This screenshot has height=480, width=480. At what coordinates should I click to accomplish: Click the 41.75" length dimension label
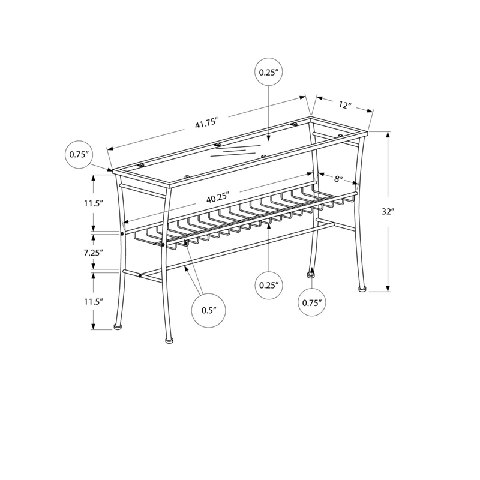(x=205, y=125)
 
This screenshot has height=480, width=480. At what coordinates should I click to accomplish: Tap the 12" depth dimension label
(x=344, y=106)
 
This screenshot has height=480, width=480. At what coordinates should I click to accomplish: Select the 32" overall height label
(x=388, y=212)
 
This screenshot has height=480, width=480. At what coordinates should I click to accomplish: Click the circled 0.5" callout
(x=209, y=310)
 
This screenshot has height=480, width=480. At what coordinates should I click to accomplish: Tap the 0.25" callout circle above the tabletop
(x=269, y=73)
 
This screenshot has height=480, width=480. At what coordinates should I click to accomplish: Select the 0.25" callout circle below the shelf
(x=269, y=286)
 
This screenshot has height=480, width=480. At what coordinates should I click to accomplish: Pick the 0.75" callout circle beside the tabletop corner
(x=79, y=154)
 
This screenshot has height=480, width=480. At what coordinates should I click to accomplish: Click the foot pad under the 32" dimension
(x=364, y=290)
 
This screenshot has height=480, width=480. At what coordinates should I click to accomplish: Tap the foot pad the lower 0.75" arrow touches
(x=311, y=275)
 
